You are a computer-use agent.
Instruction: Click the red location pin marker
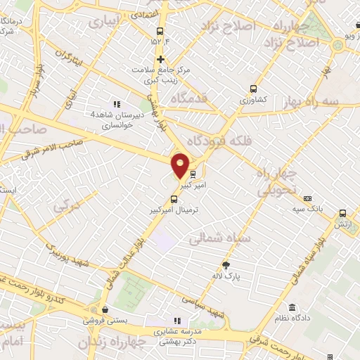click(x=180, y=165)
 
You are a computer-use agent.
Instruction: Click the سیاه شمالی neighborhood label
click(x=215, y=238)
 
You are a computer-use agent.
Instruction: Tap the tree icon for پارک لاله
click(x=226, y=264)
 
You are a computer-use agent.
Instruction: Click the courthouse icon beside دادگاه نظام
click(x=291, y=307)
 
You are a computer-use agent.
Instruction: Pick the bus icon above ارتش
click(x=342, y=213)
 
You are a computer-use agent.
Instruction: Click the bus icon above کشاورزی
click(x=253, y=89)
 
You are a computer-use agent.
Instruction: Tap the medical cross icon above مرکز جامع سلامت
click(x=162, y=59)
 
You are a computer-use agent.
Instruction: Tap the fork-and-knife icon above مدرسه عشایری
click(x=177, y=321)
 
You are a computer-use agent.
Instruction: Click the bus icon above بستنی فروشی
click(x=104, y=309)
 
